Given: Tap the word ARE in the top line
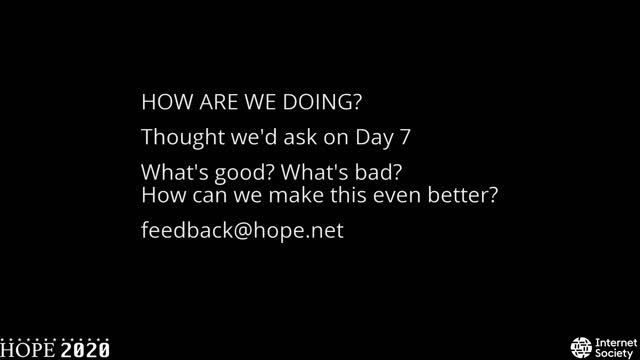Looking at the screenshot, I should pos(219,103).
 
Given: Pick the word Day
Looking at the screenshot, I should pos(356,136).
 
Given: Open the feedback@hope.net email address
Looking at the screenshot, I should pos(242,230).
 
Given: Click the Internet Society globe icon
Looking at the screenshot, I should pos(580,346).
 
